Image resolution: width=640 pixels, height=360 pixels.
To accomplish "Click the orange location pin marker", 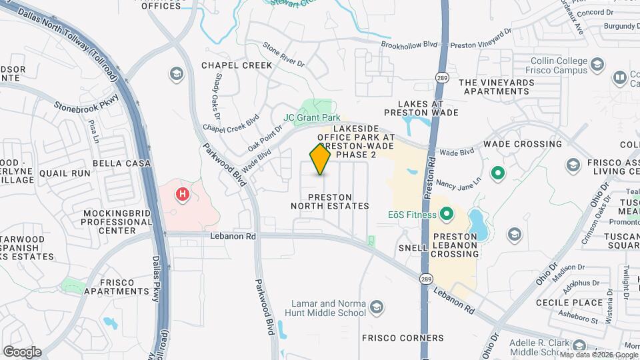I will [321, 159].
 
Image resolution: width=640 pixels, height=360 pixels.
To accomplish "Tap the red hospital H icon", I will [181, 195].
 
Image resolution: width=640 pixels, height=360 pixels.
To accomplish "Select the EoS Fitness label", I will [411, 215].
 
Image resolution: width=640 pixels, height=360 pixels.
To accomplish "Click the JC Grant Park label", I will [307, 117].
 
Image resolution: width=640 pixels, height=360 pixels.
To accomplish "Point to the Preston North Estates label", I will [329, 201].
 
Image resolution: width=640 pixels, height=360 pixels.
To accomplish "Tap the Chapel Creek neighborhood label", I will [237, 65].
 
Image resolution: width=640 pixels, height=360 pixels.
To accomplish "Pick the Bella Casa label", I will [121, 163].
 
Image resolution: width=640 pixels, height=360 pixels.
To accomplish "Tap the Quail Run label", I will [64, 173].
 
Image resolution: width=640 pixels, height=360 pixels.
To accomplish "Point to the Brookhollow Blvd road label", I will [409, 45].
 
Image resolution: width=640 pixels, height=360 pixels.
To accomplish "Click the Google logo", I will [22, 351].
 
